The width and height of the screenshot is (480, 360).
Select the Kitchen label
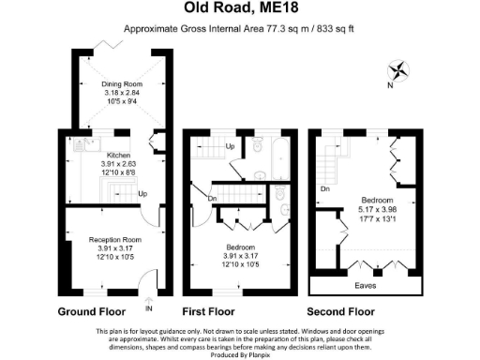(x=118, y=155)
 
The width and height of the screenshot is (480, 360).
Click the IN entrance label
(x=149, y=307)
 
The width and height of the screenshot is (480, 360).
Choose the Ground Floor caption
(x=93, y=312)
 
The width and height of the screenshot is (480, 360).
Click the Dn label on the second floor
(x=323, y=189)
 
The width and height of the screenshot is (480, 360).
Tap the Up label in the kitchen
(x=142, y=194)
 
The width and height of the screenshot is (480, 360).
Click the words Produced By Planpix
(x=240, y=353)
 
